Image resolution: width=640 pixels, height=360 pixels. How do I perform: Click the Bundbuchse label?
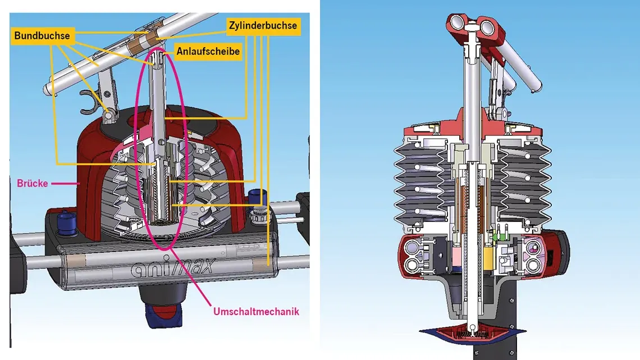tap(43, 36)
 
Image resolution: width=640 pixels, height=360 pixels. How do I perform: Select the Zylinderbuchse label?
tap(262, 25)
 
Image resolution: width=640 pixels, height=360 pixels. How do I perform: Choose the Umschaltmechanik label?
tap(256, 312)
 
